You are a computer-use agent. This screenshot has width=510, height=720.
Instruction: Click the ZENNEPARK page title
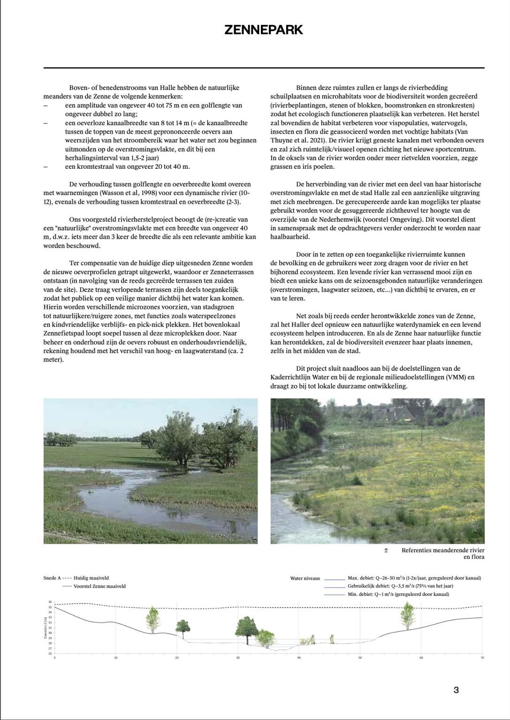tap(264, 30)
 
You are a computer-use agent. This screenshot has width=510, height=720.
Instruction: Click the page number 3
tap(456, 690)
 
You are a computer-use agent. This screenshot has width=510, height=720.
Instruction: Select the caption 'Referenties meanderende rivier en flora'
tap(442, 553)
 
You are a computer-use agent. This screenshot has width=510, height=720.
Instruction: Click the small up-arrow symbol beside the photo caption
tap(386, 550)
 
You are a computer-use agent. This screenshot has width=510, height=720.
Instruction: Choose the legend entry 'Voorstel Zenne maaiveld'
tap(99, 586)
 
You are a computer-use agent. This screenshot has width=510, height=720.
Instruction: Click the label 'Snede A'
tap(52, 578)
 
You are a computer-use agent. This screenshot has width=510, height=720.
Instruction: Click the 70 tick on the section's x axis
tap(482, 658)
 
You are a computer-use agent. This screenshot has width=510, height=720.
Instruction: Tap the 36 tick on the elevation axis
tap(50, 602)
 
